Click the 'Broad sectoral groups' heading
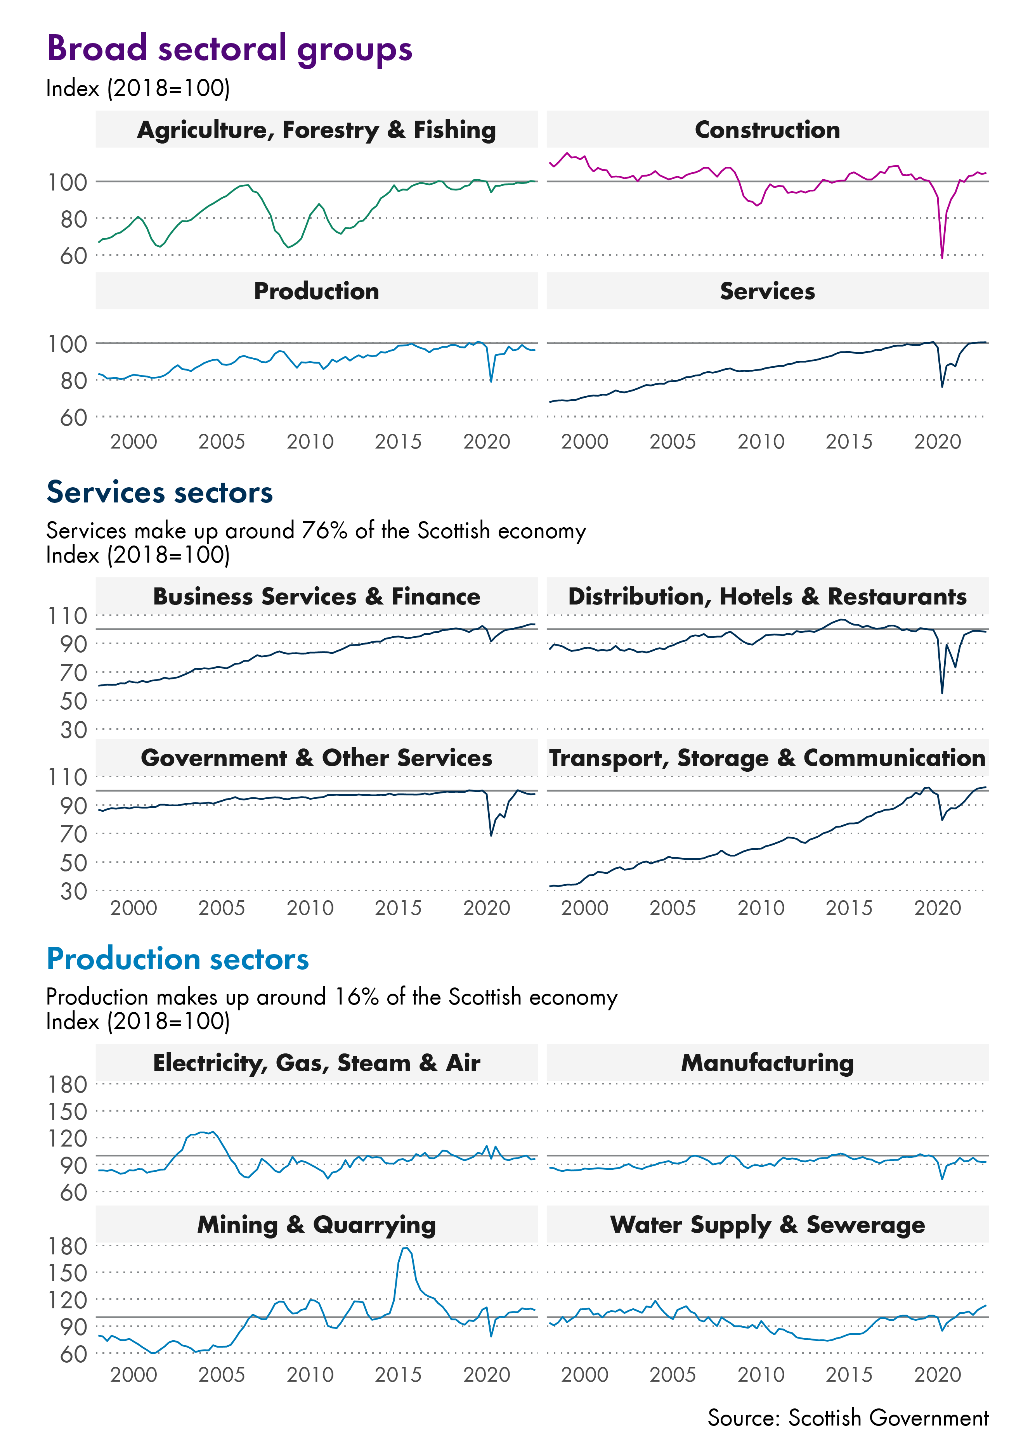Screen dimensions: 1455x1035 tap(229, 49)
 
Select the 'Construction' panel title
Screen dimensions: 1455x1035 tap(767, 130)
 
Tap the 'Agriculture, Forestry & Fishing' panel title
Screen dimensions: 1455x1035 tap(316, 130)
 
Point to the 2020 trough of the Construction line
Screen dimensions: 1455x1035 tap(942, 257)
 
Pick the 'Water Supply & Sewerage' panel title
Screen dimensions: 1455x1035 tap(767, 1225)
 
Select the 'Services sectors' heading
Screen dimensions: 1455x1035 tap(159, 492)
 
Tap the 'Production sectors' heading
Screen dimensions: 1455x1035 tap(177, 959)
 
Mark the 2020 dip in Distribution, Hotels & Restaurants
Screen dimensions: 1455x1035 tap(942, 693)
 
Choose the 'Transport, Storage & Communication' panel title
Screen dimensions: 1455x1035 tap(767, 758)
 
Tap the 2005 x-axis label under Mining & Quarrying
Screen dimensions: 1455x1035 tap(221, 1375)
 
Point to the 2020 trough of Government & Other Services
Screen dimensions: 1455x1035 tap(491, 835)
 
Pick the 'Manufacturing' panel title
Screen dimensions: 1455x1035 tap(767, 1063)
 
